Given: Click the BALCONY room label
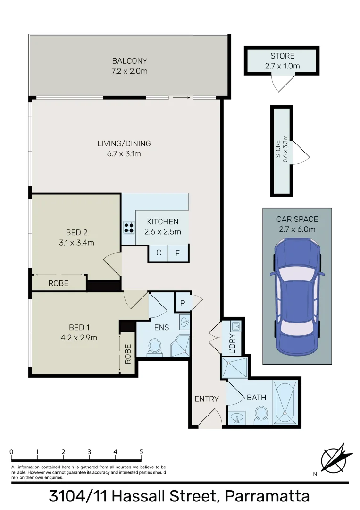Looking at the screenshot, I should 129,61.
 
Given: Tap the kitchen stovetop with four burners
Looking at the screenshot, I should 129,228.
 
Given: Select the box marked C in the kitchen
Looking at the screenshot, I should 159,253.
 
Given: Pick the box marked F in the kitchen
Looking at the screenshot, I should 178,253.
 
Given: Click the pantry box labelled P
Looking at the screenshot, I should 183,302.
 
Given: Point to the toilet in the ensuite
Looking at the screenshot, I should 154,348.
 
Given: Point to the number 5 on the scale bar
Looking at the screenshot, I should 141,451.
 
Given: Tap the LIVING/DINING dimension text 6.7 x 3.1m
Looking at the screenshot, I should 124,154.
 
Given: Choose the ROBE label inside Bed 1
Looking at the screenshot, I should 128,354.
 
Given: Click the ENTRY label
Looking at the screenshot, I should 207,399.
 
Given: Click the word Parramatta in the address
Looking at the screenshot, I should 267,496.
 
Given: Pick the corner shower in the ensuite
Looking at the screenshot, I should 180,346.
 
